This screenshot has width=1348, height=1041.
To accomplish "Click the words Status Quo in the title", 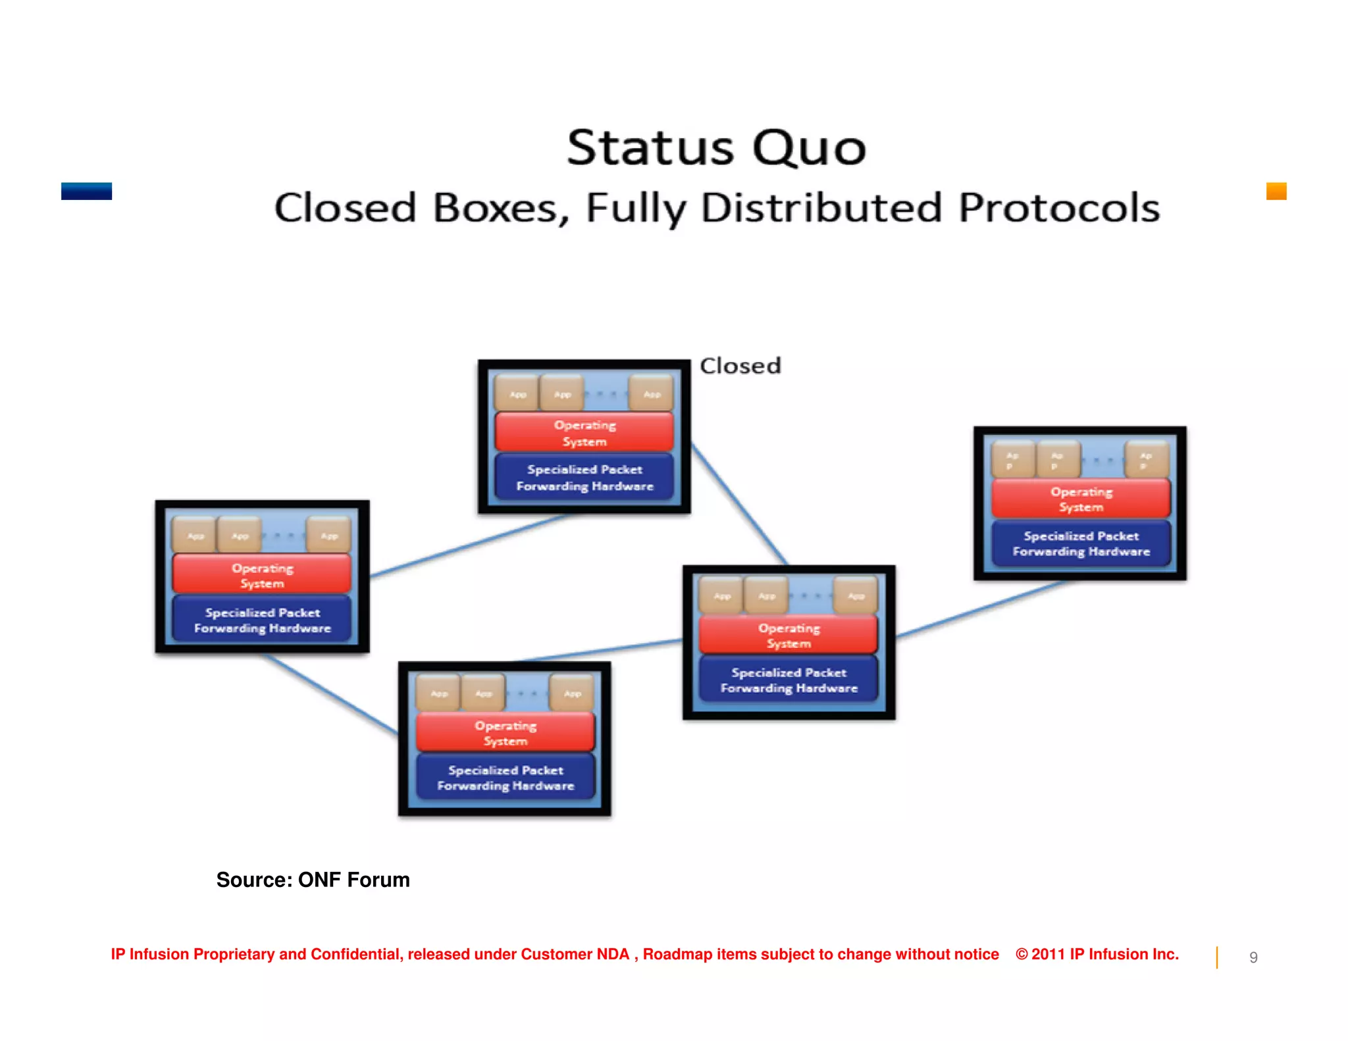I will pos(716,147).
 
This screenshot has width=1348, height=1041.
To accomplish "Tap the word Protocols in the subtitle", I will pos(1058,208).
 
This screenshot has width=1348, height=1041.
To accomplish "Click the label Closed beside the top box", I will pos(740,366).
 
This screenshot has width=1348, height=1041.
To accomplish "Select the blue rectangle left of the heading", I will pos(86,191).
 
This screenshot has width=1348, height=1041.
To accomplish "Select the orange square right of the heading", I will pos(1276,191).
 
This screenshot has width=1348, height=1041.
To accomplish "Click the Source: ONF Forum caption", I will pos(313,880).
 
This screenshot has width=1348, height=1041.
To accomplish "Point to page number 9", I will pos(1253,957).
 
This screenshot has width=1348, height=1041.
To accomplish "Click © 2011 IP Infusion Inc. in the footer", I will pos(1097,954).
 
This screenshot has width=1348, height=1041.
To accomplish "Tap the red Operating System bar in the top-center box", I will pos(584,432).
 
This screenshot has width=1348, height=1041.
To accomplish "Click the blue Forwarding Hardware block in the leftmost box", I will pos(262,620).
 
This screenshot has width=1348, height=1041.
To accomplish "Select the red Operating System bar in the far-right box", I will pos(1081,499).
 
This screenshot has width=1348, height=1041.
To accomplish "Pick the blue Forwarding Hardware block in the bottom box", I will pos(505,777).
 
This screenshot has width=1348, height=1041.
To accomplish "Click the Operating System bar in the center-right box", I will pos(789,635).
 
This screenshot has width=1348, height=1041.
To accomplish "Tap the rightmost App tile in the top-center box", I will pos(652,394).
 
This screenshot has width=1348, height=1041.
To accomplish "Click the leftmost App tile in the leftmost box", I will pos(195,536).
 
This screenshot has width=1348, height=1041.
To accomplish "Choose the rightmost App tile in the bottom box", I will pos(572,693).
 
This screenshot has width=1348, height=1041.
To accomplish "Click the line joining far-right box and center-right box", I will pos(981,609).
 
